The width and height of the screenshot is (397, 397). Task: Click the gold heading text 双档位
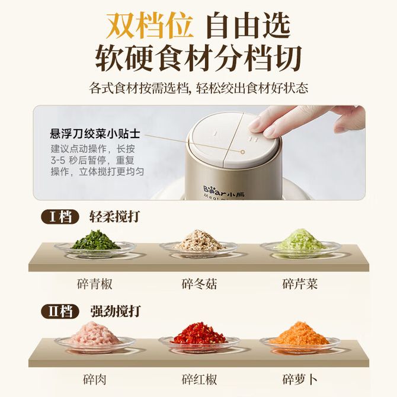tap(149, 25)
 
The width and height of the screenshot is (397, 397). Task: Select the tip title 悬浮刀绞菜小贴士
tap(95, 134)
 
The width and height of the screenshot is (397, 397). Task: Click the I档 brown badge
tap(60, 217)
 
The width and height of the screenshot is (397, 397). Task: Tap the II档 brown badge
tap(60, 312)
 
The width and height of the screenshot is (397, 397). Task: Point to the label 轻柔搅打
tap(114, 217)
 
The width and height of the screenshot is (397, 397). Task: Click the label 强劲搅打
tap(116, 311)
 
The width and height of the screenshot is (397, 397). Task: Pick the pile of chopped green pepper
tap(95, 240)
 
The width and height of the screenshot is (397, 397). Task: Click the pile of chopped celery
tap(300, 239)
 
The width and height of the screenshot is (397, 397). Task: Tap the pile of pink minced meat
tap(94, 333)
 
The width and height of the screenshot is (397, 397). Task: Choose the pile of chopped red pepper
tap(199, 333)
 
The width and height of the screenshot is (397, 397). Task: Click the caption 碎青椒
tap(94, 284)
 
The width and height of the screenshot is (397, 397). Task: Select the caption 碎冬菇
tap(199, 284)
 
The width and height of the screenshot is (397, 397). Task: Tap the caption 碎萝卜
tap(300, 380)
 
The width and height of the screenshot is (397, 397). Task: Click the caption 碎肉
tap(94, 380)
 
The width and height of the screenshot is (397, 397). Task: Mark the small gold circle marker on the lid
tap(242, 152)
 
